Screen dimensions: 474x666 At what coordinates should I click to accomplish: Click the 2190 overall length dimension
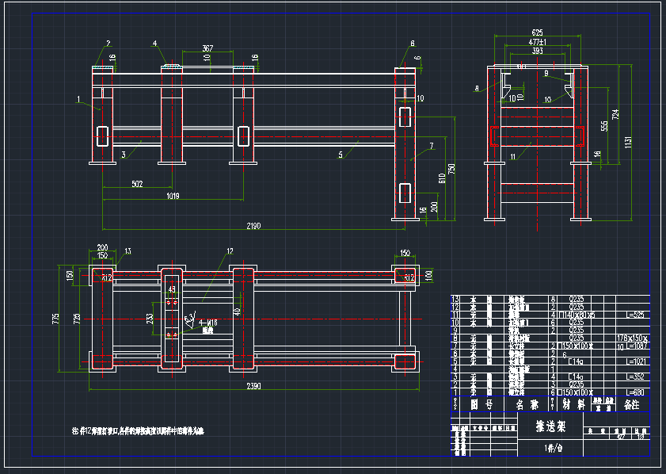click(x=253, y=227)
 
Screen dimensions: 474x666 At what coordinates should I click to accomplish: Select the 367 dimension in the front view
click(x=207, y=48)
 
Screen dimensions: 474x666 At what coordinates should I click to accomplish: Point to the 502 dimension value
click(x=137, y=184)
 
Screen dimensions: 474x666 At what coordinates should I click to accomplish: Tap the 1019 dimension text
click(x=172, y=195)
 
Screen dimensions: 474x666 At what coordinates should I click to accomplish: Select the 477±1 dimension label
click(x=537, y=41)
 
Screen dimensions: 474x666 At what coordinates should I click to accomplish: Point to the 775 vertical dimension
click(x=55, y=319)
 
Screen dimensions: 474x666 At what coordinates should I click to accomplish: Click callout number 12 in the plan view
click(x=230, y=252)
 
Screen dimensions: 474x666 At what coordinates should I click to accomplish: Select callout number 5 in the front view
click(x=341, y=155)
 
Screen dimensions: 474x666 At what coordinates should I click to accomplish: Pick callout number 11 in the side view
click(x=513, y=157)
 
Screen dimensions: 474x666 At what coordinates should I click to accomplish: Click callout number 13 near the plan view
click(x=128, y=251)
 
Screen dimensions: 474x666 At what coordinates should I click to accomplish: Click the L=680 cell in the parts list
click(x=635, y=392)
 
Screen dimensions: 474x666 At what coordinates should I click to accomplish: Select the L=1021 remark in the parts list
click(x=636, y=361)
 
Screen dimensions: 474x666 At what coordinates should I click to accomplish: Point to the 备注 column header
click(x=631, y=404)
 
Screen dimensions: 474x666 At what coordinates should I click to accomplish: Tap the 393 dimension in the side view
click(x=538, y=51)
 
